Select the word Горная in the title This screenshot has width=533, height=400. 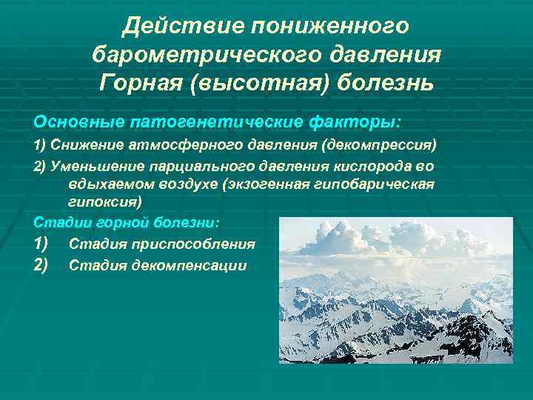(141, 81)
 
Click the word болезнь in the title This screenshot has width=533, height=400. (384, 81)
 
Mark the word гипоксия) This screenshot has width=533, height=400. (104, 201)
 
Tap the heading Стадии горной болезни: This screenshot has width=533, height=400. (127, 221)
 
